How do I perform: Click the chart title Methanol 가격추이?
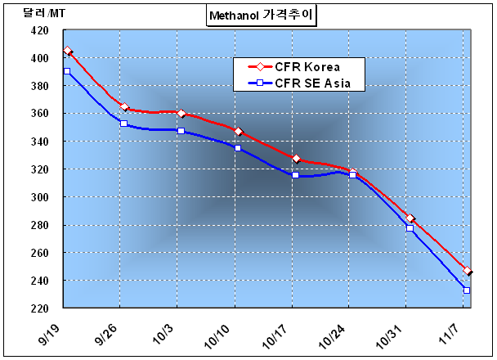(x=260, y=14)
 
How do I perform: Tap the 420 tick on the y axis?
(x=38, y=30)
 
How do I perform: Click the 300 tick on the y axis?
(x=38, y=197)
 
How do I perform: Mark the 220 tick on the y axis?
(x=38, y=308)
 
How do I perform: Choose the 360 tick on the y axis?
(x=38, y=114)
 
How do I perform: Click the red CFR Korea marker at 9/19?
(x=67, y=51)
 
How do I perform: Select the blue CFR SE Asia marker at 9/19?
(x=67, y=72)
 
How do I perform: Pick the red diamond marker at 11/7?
(x=467, y=271)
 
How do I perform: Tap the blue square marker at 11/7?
(x=467, y=290)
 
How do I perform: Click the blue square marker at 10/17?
(x=295, y=175)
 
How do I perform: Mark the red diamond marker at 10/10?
(x=238, y=132)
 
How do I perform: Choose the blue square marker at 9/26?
(x=123, y=124)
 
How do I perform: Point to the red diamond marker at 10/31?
(x=410, y=218)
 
